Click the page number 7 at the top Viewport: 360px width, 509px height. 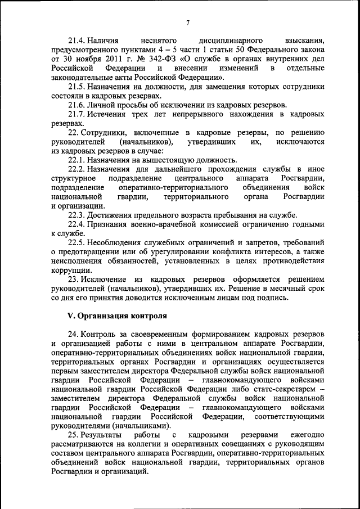pyautogui.click(x=187, y=22)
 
